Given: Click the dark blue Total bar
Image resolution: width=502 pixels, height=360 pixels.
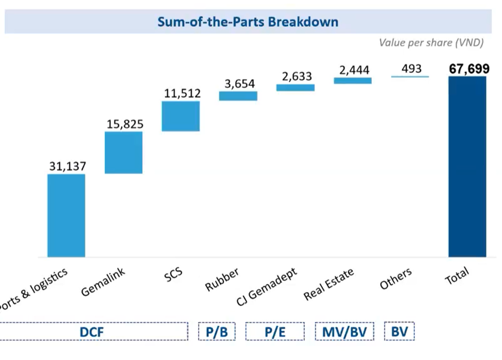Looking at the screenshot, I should [467, 166].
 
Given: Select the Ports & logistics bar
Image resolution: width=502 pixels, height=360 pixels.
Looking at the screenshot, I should [66, 215].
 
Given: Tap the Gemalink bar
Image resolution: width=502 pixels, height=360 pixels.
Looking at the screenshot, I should [124, 152].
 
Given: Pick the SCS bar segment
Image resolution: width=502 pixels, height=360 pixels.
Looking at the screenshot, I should [181, 116].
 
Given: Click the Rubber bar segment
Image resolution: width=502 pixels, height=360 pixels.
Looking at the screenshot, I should [238, 96].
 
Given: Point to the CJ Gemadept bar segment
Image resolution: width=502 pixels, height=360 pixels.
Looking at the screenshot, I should [296, 88].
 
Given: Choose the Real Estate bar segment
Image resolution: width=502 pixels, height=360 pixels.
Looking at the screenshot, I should [353, 81].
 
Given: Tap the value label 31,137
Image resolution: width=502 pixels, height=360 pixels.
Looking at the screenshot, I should [67, 166].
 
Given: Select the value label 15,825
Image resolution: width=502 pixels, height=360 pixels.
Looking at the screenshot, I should [125, 124].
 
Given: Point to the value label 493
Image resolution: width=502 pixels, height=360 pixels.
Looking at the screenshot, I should [411, 68].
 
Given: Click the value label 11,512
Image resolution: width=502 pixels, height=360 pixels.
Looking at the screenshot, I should [182, 93].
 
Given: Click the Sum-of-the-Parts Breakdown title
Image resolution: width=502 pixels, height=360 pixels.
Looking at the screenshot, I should [248, 22].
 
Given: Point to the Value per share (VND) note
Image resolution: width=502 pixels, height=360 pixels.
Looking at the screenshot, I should [431, 43].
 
